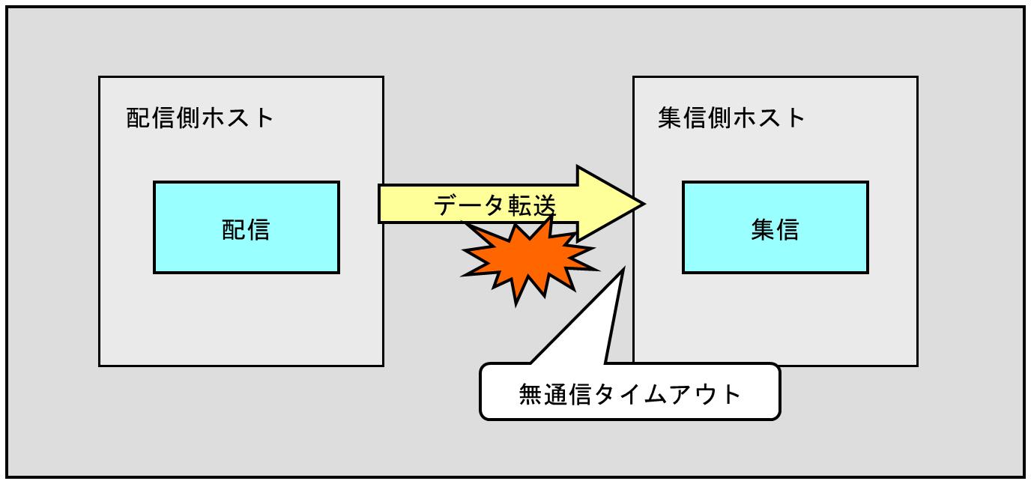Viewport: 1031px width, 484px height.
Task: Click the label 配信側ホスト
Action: point(200,118)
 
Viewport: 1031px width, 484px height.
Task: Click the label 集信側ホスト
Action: point(731,118)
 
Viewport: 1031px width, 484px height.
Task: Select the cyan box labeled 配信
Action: point(247,227)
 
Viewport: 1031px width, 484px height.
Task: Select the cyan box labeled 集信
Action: point(775,227)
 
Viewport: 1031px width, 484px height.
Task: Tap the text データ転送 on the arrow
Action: point(495,205)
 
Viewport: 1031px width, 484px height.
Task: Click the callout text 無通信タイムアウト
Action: point(629,393)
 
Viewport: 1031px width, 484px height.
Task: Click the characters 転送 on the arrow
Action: point(533,205)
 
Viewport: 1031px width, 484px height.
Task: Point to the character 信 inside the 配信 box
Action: point(258,229)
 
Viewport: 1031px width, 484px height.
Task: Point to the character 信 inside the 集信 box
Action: point(787,229)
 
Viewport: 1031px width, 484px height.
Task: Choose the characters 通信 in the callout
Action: point(568,393)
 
